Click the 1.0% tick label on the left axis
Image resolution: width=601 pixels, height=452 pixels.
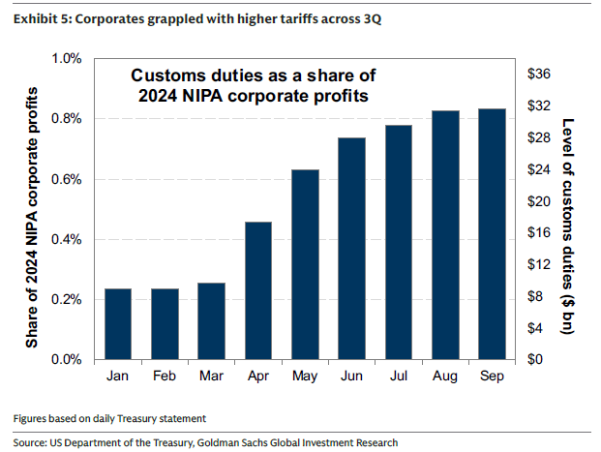click(x=68, y=59)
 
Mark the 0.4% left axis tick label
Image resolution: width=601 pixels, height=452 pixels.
click(x=68, y=240)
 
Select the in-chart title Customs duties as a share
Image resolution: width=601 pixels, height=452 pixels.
click(x=254, y=85)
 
